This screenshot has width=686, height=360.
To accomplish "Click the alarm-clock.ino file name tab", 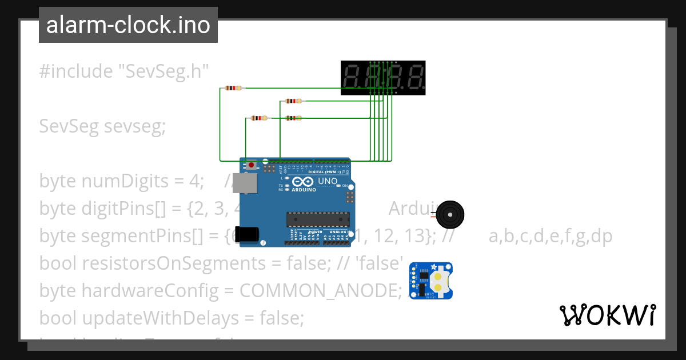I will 128,26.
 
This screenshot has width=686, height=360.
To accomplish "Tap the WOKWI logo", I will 607,315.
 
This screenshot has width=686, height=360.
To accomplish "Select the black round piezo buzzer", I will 450,215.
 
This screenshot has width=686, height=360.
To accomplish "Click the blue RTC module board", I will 431,281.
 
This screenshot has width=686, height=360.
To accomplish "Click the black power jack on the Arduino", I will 249,234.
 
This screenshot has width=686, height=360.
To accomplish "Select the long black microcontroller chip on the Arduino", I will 318,219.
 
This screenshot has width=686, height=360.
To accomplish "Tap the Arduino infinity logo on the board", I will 301,182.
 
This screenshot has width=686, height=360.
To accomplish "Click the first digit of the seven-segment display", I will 353,78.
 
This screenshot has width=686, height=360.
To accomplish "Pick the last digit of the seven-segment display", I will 414,78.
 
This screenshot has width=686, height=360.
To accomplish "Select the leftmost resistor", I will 233,88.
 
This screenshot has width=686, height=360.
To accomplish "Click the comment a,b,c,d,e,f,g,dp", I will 551,236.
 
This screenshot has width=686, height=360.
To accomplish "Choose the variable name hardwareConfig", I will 150,291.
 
